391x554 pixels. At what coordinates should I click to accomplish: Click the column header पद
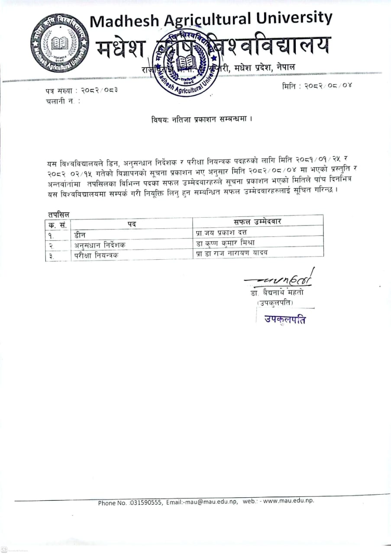click(132, 223)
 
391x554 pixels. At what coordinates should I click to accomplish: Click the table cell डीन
click(80, 234)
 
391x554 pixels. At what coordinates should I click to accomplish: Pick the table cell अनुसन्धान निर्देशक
click(100, 245)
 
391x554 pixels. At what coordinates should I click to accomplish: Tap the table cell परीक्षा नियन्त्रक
click(96, 255)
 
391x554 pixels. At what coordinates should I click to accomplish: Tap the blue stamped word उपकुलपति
click(285, 320)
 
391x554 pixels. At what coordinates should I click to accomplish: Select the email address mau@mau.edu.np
click(212, 502)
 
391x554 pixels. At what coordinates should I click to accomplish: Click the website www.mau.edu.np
click(288, 501)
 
